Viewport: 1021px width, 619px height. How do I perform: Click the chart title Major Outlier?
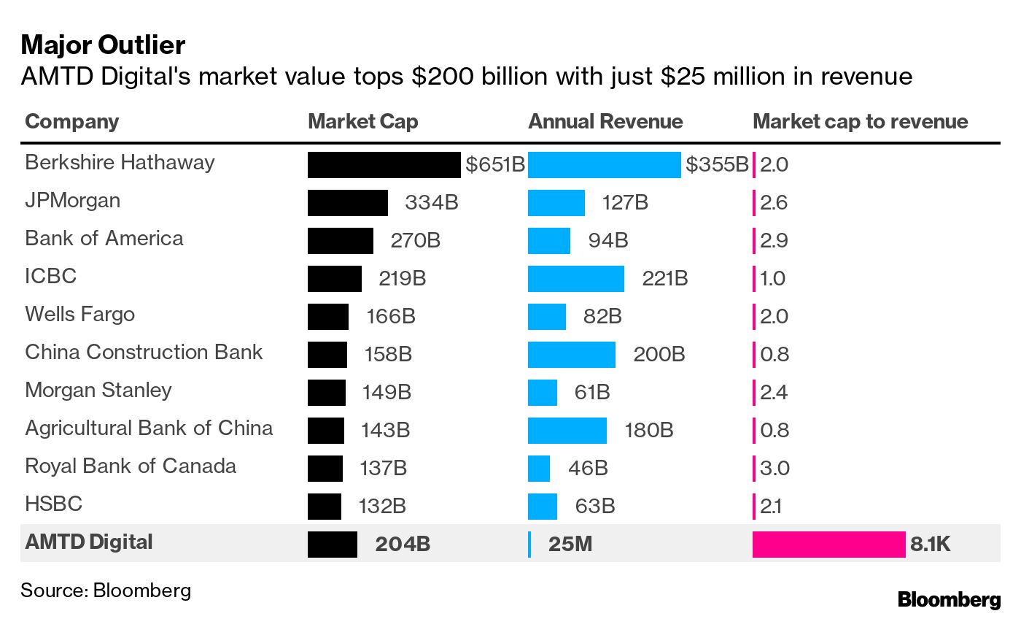[103, 45]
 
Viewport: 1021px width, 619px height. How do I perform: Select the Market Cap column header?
[362, 121]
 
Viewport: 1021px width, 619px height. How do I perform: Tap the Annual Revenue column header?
[605, 121]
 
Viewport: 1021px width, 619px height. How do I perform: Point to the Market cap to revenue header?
[860, 121]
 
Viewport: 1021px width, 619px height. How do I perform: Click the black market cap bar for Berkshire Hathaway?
[384, 165]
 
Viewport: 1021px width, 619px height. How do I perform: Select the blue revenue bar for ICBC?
[575, 279]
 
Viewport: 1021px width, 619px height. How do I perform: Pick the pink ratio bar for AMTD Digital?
[828, 545]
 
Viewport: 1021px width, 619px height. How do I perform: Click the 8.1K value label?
[931, 545]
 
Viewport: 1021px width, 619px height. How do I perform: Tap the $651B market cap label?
[495, 165]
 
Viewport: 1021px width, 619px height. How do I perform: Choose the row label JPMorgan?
[72, 200]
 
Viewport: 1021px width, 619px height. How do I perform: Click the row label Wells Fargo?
[79, 314]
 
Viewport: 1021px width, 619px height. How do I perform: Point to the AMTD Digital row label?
[89, 542]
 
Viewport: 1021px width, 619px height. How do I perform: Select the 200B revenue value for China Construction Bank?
[659, 355]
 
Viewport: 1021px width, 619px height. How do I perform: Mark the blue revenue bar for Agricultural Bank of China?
[567, 431]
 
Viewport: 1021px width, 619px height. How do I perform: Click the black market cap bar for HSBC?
[324, 507]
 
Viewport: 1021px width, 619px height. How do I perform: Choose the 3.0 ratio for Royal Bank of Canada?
[774, 469]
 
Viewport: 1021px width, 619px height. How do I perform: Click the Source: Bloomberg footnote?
[106, 590]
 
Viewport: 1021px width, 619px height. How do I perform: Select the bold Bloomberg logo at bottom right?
[949, 600]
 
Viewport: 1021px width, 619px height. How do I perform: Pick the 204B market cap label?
[403, 545]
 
